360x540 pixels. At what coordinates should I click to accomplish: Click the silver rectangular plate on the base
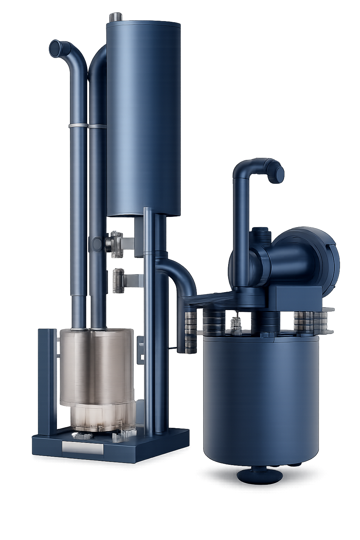click(83, 449)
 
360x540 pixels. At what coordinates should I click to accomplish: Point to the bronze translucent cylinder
click(96, 366)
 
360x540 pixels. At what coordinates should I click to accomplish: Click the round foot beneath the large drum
click(260, 475)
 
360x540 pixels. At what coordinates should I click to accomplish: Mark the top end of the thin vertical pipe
click(148, 210)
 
